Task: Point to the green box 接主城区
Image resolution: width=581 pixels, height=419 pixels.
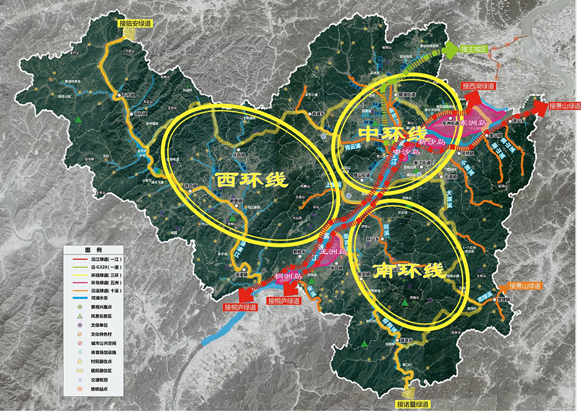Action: point(472,49)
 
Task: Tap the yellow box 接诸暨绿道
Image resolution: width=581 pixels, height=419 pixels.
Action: point(413,404)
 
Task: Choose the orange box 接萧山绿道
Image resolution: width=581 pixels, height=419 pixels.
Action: point(524,286)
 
